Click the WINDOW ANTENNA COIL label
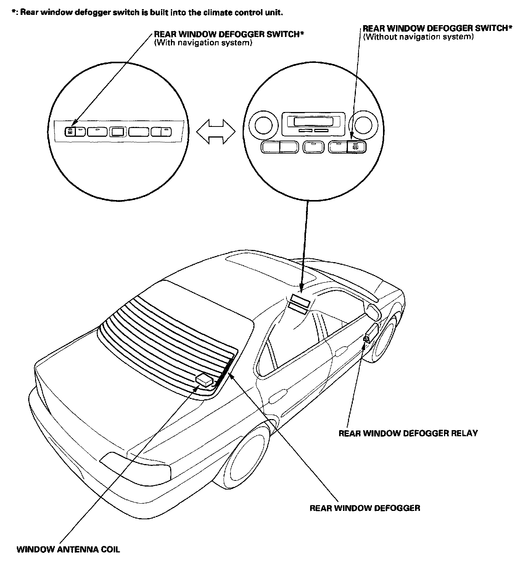point(68,549)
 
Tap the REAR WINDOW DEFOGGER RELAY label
point(408,433)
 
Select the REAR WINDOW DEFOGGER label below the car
point(365,508)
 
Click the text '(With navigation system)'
point(203,43)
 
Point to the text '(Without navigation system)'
point(418,37)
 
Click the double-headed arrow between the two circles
point(216,132)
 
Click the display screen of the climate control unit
point(313,122)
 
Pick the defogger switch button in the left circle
point(70,132)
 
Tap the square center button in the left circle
point(117,132)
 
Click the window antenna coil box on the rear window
point(204,379)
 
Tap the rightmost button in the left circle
point(161,132)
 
